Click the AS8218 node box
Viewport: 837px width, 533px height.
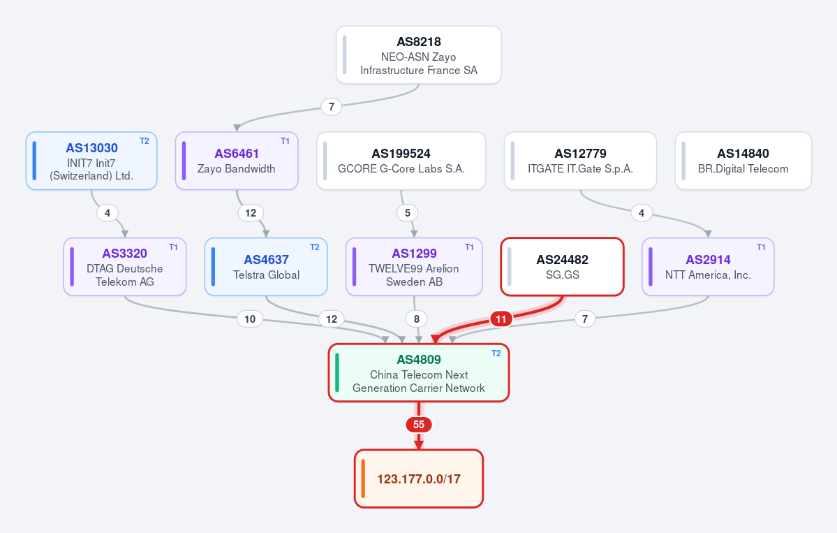pos(419,55)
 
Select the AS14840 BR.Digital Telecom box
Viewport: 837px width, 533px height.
pos(743,161)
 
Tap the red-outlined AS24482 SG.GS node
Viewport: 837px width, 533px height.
pos(562,267)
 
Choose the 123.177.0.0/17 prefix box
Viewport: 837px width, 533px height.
pos(419,479)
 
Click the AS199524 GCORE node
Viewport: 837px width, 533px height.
pos(401,161)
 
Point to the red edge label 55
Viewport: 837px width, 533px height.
pos(419,425)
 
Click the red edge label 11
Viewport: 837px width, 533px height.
pos(501,319)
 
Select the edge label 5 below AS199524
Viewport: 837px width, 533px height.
pos(407,213)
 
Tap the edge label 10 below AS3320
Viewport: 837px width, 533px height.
pos(250,319)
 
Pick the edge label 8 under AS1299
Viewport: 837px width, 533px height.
pos(416,319)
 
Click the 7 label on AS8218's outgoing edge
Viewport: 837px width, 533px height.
pos(332,107)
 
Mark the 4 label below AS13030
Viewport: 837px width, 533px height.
pos(108,213)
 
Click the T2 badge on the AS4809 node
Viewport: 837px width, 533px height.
pos(496,353)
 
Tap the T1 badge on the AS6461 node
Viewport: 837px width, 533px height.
pos(285,141)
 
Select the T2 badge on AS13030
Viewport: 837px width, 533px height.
pos(144,141)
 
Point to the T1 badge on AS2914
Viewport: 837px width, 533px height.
pos(761,247)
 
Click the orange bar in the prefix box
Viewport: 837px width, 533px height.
pos(363,479)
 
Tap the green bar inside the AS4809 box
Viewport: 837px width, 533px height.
pos(337,372)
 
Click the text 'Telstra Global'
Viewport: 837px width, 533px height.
pos(267,275)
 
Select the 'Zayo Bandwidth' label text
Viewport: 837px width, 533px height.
pos(237,169)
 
